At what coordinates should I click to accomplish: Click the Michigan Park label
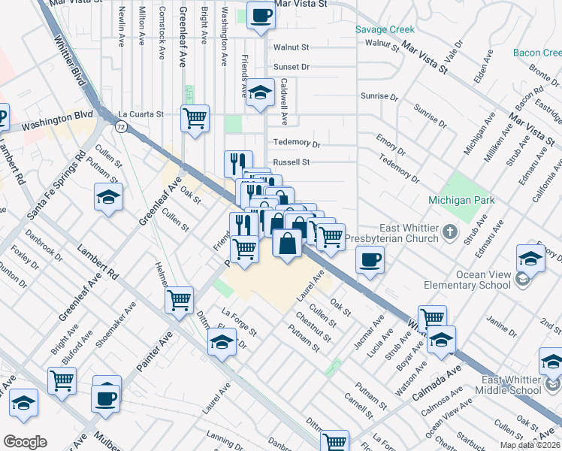coord(461,200)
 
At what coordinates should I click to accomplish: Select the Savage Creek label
coord(385,29)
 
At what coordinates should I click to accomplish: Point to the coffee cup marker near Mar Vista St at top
coord(261,16)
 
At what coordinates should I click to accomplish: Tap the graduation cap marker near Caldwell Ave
coord(261,92)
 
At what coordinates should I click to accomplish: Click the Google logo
coord(25,441)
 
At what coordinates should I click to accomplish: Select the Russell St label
coord(292,162)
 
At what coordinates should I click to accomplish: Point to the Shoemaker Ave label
coord(119,324)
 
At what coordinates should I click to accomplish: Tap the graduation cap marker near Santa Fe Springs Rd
coord(109,197)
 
